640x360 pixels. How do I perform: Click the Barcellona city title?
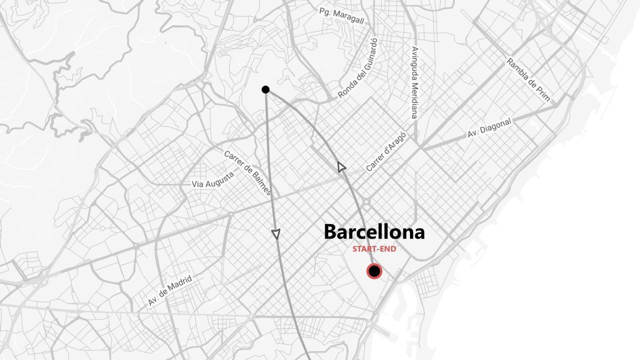click(374, 232)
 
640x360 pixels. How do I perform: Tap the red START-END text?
click(374, 249)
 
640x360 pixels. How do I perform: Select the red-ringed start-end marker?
click(374, 271)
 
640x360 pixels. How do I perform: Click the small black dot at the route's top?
click(265, 89)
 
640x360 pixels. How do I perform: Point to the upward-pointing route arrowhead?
click(341, 167)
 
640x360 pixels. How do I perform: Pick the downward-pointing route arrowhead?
click(275, 233)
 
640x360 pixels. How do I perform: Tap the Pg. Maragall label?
click(341, 15)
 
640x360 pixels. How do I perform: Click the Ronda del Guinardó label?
click(358, 68)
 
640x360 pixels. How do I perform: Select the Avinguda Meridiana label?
click(414, 82)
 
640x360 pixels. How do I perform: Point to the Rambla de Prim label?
click(528, 80)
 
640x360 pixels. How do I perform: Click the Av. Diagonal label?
click(489, 128)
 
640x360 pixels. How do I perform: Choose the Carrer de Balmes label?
click(247, 173)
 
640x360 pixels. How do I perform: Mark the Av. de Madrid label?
click(170, 290)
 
